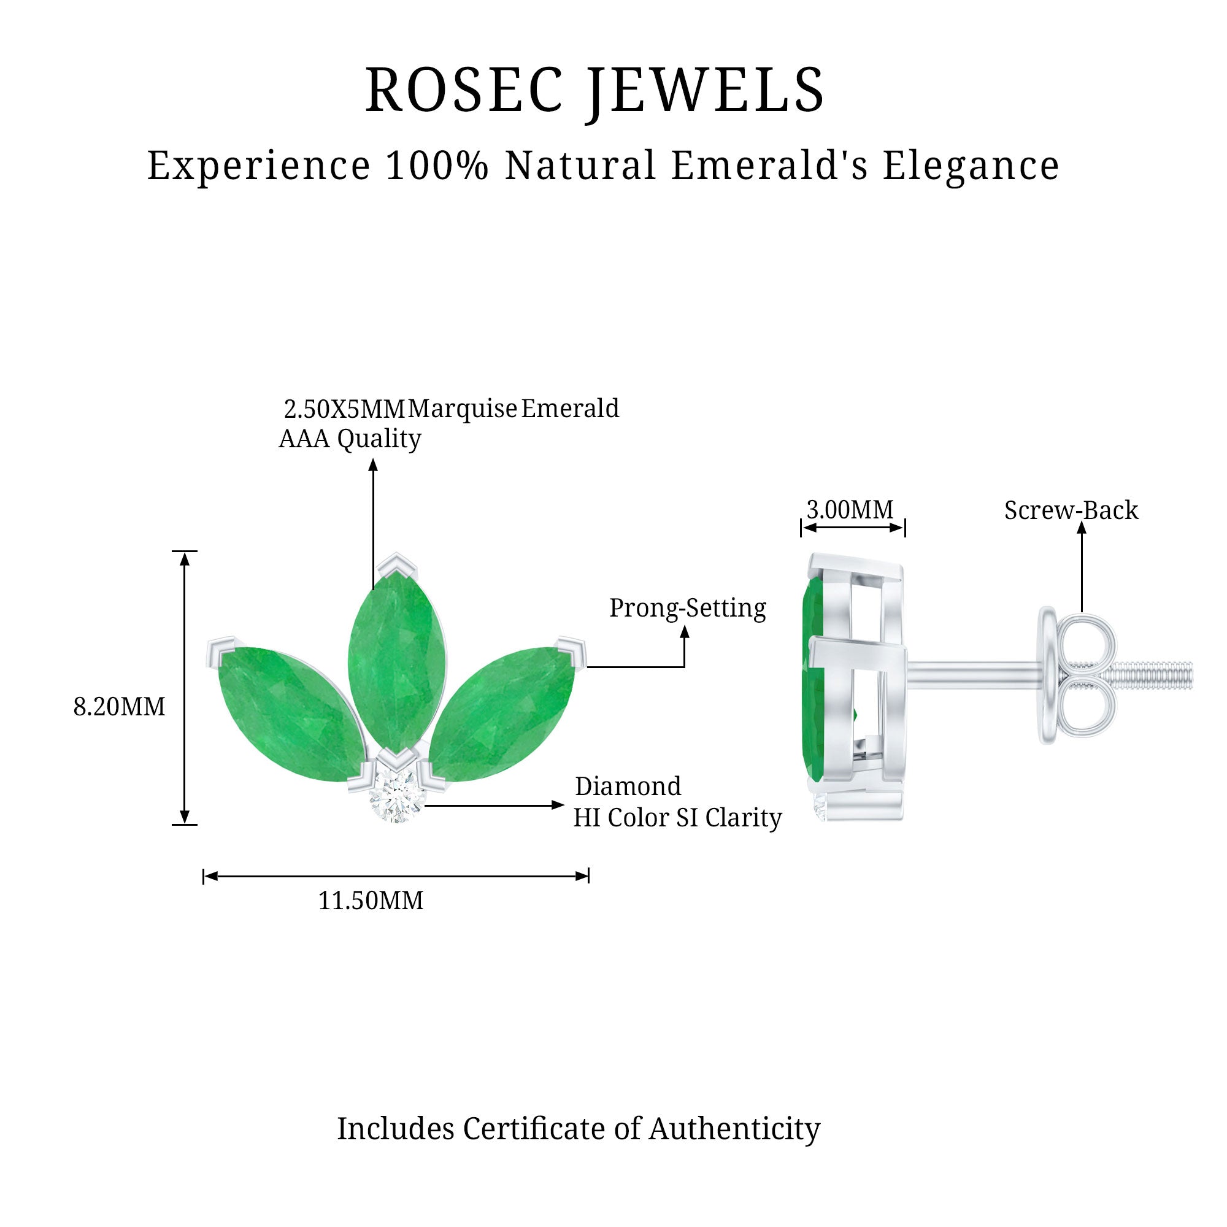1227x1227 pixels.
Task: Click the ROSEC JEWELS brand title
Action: pyautogui.click(x=594, y=90)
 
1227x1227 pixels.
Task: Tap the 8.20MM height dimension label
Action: pyautogui.click(x=119, y=707)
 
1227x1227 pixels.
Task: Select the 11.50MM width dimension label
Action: pyautogui.click(x=371, y=901)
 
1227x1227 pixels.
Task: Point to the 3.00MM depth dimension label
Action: pyautogui.click(x=850, y=509)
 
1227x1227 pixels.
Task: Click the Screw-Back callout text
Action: pyautogui.click(x=1071, y=510)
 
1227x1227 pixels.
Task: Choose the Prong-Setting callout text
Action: pyautogui.click(x=687, y=608)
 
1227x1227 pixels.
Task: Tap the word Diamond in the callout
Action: pyautogui.click(x=628, y=787)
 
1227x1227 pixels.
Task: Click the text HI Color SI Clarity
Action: pyautogui.click(x=677, y=818)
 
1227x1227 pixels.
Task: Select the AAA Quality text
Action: pyautogui.click(x=350, y=439)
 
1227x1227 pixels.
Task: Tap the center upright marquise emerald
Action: pyautogui.click(x=397, y=661)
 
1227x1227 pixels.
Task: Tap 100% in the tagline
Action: pyautogui.click(x=437, y=166)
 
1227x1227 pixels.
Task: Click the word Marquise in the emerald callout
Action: pyautogui.click(x=463, y=409)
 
